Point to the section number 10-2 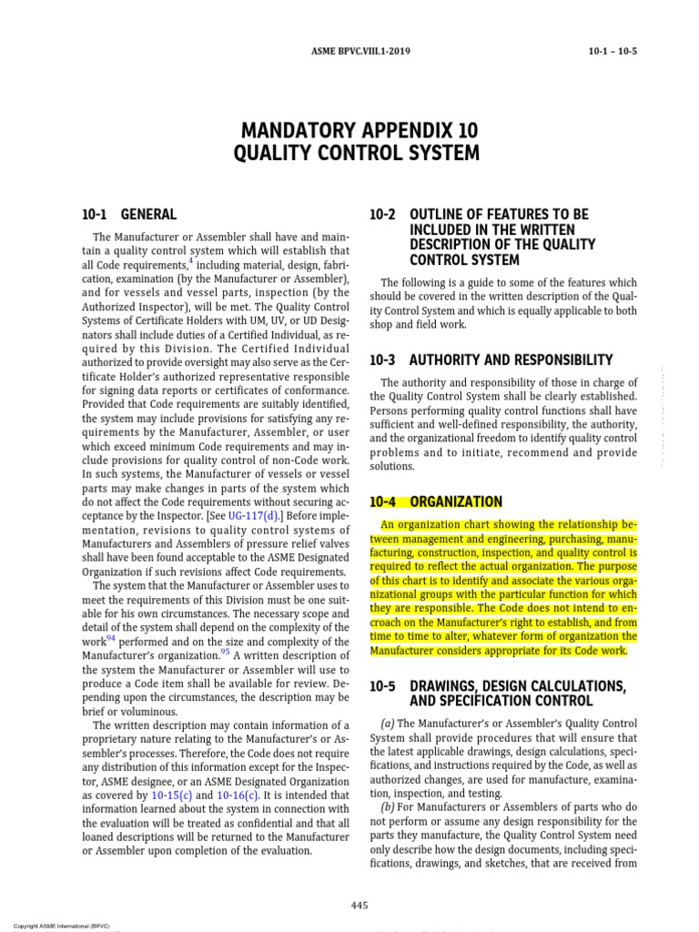383,215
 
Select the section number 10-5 383,684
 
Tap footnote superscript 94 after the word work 115,638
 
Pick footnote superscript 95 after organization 226,652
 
